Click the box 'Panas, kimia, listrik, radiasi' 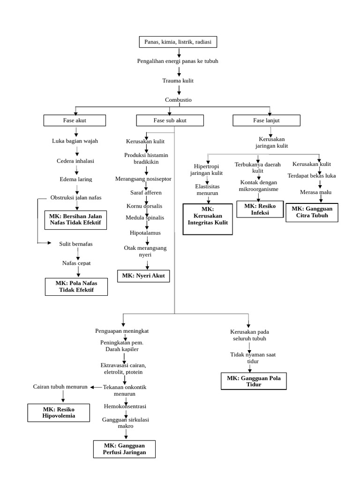coord(178,42)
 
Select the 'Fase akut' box coord(75,120)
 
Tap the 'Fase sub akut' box coord(170,120)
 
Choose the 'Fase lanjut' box coord(266,120)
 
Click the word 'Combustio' coord(178,100)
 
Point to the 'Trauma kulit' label coord(178,81)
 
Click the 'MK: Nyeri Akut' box coord(143,276)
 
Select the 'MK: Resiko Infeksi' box coord(260,209)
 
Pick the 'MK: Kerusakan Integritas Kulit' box coord(208,219)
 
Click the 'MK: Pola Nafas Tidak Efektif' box coord(76,286)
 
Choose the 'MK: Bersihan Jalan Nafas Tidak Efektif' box coord(75,219)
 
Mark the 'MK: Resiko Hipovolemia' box coord(59,412)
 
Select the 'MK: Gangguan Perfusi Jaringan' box coord(125,449)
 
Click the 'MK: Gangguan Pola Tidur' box coord(254,382)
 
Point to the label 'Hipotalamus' coord(145,232)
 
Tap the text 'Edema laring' coord(76,179)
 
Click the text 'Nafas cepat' coord(76,263)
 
